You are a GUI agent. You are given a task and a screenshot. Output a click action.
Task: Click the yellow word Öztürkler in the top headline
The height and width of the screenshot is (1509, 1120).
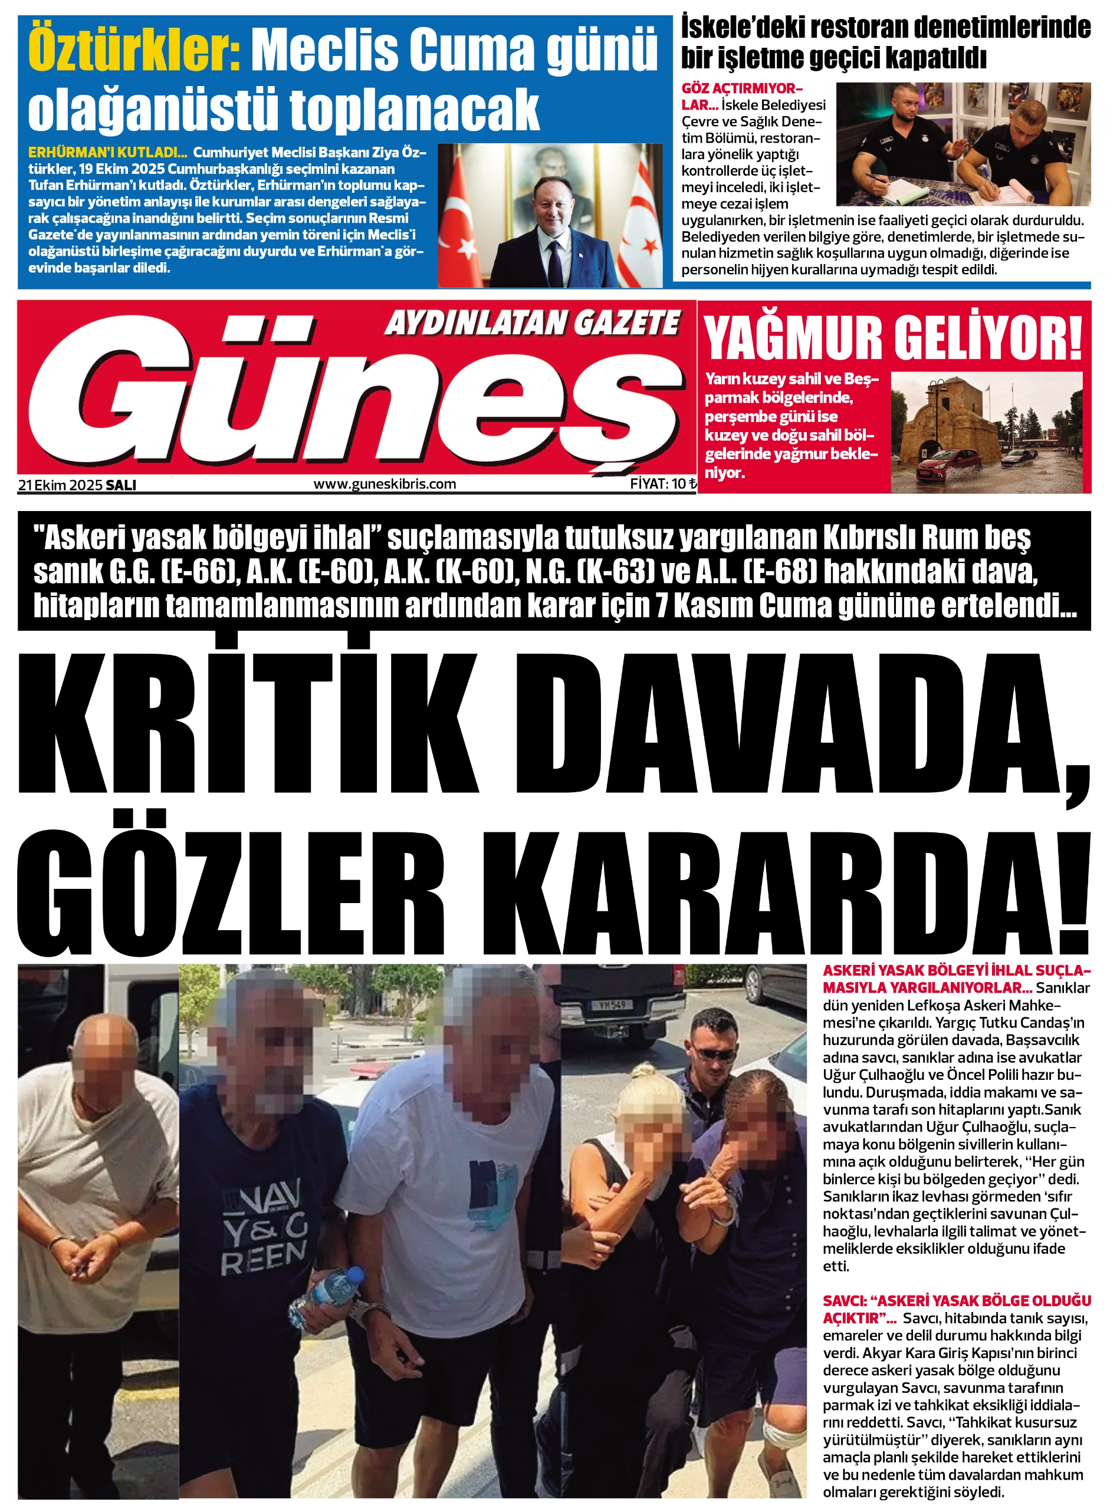point(133,51)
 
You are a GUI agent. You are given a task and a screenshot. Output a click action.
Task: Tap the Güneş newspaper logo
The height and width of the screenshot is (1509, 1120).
point(353,393)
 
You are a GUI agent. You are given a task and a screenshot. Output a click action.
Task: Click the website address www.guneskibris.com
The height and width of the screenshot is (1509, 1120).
point(385,484)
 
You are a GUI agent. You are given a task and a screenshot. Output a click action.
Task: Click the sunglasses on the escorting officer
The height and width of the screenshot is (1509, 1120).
point(712,1055)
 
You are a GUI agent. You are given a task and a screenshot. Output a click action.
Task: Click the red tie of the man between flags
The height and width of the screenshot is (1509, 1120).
point(554,255)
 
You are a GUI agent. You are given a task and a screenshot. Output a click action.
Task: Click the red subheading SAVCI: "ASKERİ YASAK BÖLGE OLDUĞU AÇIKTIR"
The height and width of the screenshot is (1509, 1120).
point(956,1309)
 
